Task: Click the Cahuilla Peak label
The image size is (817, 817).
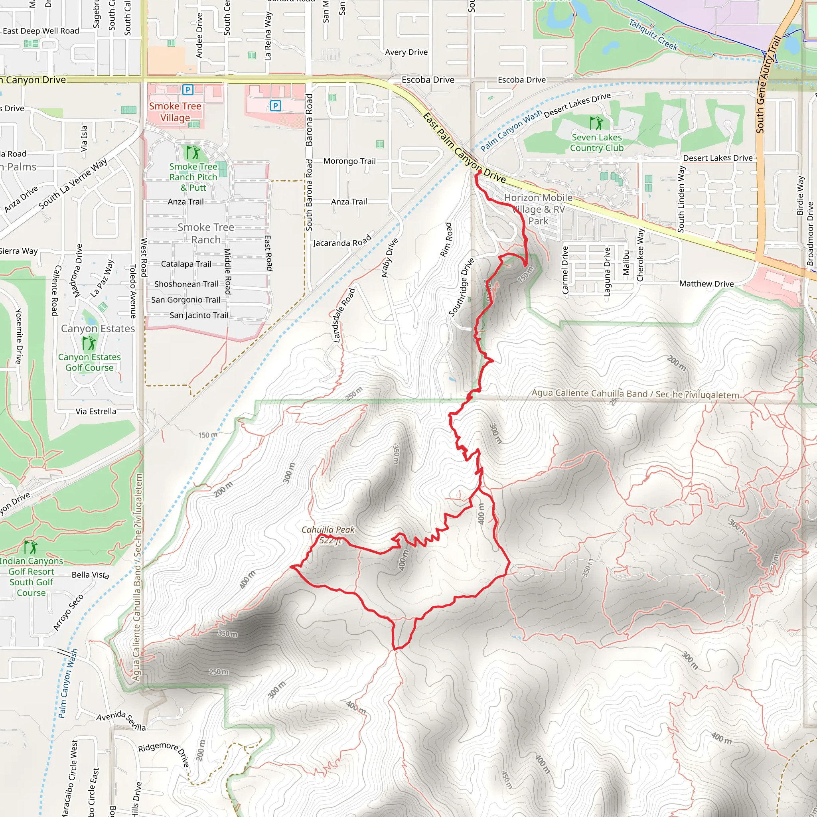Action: [x=328, y=529]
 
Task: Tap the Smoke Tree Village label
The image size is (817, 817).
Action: [x=175, y=112]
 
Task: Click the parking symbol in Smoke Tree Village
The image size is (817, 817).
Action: [x=188, y=90]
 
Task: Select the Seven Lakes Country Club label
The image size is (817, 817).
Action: [x=596, y=142]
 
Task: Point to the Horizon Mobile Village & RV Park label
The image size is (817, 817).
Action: [x=538, y=209]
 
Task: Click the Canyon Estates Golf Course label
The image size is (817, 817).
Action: [x=89, y=362]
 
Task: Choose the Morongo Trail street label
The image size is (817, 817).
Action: [x=349, y=161]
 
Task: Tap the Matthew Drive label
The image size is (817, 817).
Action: [x=706, y=284]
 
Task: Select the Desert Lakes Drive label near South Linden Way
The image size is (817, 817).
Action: [x=718, y=158]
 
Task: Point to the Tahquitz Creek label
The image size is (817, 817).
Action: [x=653, y=35]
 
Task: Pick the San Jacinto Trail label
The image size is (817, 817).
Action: [x=199, y=315]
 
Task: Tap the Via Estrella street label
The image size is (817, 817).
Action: [x=96, y=411]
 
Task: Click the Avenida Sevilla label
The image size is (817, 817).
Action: [x=121, y=720]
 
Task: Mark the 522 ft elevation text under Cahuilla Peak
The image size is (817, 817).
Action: [x=330, y=541]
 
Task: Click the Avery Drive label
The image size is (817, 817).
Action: [x=406, y=52]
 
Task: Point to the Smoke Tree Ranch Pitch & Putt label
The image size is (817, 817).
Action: [x=193, y=177]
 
